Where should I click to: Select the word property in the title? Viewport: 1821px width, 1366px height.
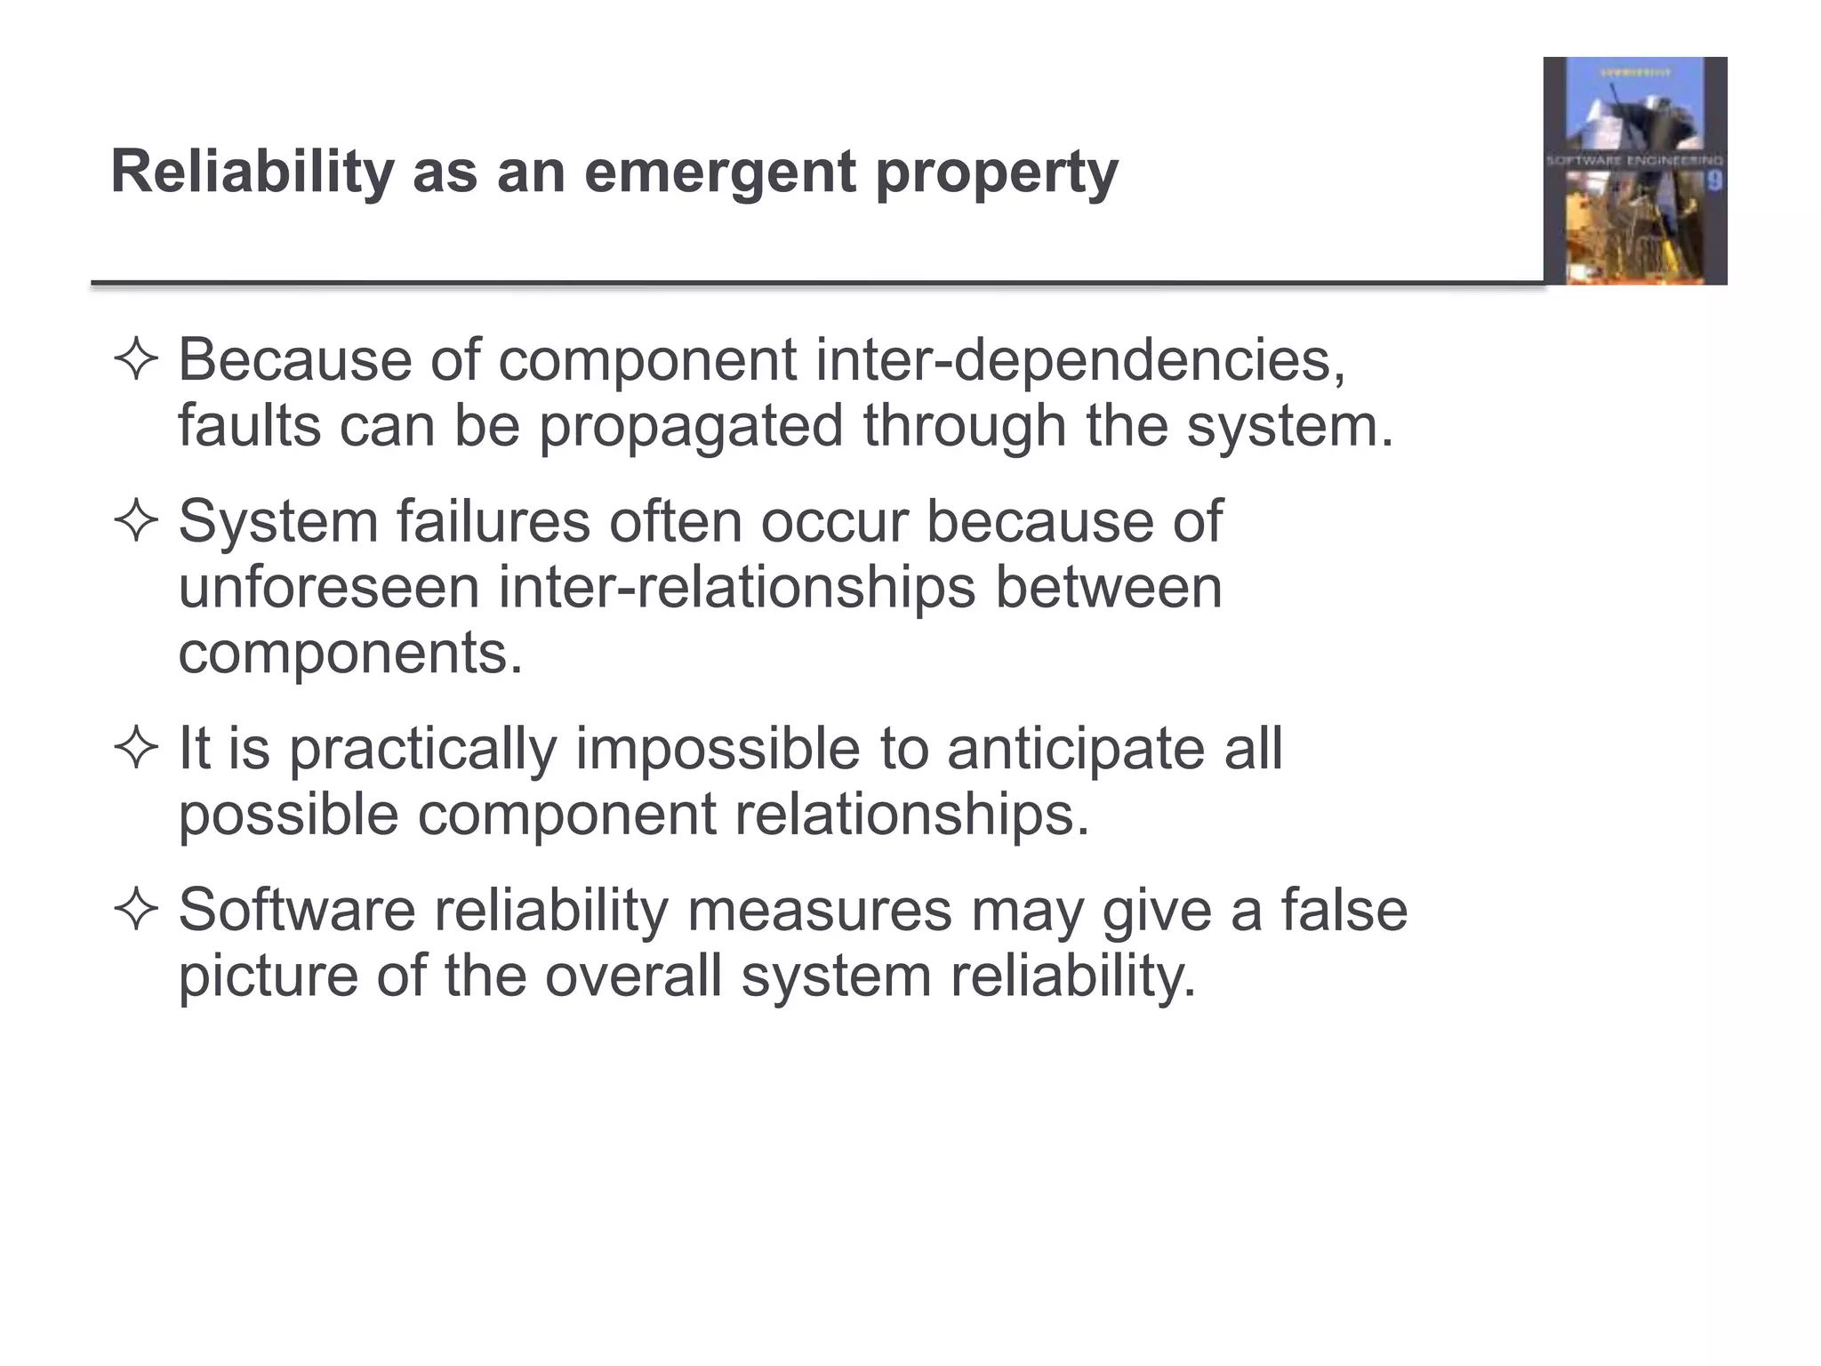click(x=997, y=172)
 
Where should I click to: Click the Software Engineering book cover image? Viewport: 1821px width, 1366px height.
click(x=1634, y=171)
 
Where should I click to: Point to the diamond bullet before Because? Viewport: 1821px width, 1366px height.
click(x=136, y=360)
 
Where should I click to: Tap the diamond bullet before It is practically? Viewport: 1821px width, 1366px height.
click(x=136, y=748)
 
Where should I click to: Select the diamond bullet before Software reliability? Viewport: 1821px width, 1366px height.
click(x=136, y=910)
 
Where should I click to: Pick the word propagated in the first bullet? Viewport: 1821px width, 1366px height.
click(x=691, y=426)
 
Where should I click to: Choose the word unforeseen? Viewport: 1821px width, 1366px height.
click(x=328, y=587)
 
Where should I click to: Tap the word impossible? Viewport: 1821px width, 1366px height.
click(x=718, y=748)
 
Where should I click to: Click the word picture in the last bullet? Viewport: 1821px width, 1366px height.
click(x=268, y=976)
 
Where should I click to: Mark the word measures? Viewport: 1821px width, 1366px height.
click(x=819, y=910)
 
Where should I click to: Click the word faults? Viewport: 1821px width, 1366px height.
click(x=249, y=426)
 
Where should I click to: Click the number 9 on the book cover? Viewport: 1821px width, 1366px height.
click(x=1714, y=181)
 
